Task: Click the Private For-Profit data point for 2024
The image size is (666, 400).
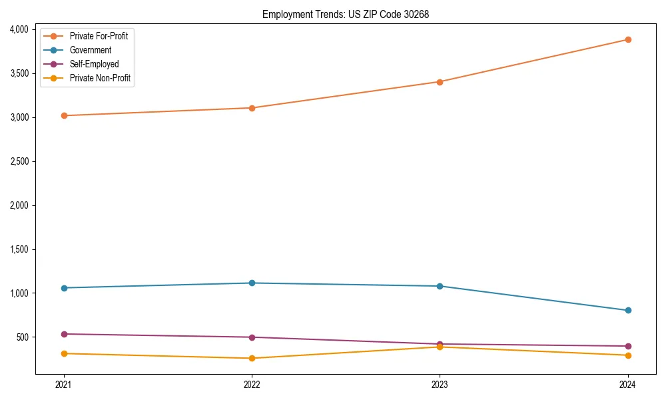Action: tap(627, 39)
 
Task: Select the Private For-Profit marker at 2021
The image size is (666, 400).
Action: tap(64, 115)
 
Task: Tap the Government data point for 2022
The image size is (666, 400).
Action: tap(252, 283)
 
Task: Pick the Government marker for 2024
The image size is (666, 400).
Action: tap(627, 310)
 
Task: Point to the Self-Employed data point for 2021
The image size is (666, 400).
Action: tap(64, 334)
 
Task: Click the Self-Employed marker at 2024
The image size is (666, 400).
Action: tap(627, 346)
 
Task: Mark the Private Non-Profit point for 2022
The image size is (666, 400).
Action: tap(252, 358)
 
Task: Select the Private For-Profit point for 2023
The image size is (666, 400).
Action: tap(440, 82)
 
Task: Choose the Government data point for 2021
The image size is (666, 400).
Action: tap(64, 288)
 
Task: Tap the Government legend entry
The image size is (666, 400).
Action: tap(90, 50)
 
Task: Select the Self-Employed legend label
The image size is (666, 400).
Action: tap(94, 64)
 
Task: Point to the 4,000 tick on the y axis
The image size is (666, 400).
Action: tap(19, 29)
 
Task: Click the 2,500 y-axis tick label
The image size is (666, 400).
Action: tap(19, 161)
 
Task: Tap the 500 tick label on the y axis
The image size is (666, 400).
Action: tap(23, 337)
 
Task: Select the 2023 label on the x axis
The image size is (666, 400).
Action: tap(440, 385)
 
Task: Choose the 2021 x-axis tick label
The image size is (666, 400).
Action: tap(64, 385)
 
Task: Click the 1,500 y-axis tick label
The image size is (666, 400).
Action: tap(19, 249)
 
